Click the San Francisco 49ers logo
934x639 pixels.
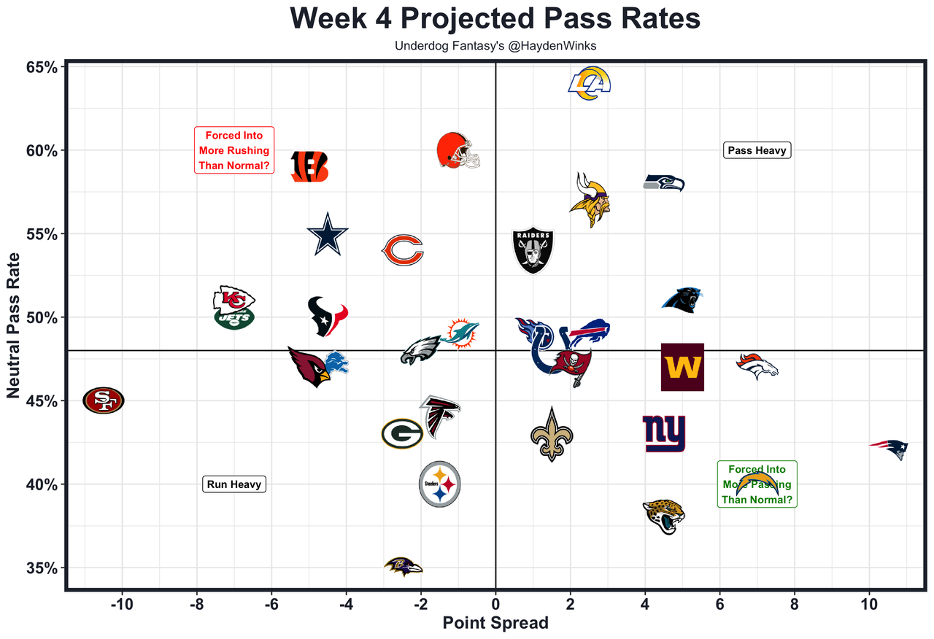coord(104,400)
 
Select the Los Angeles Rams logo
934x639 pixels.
coord(589,83)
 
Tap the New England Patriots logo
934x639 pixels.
coord(889,448)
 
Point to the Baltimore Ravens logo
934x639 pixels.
coord(404,567)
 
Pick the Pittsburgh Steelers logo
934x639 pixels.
coord(440,484)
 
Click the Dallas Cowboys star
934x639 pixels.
coord(328,234)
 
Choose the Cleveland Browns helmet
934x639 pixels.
coord(458,152)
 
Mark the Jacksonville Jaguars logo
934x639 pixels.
coord(664,516)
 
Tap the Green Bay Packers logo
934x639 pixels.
coord(402,434)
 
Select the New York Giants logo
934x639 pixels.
coord(664,434)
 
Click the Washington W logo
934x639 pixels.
coord(682,367)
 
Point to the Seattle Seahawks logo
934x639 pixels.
coord(664,182)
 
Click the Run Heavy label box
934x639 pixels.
coord(234,484)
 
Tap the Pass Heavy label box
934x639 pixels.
coord(757,150)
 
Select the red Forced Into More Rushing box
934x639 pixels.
coord(234,150)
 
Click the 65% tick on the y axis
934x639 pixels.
coord(43,67)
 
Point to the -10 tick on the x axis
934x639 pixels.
coord(121,605)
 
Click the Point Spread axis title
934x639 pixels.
coord(495,624)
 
